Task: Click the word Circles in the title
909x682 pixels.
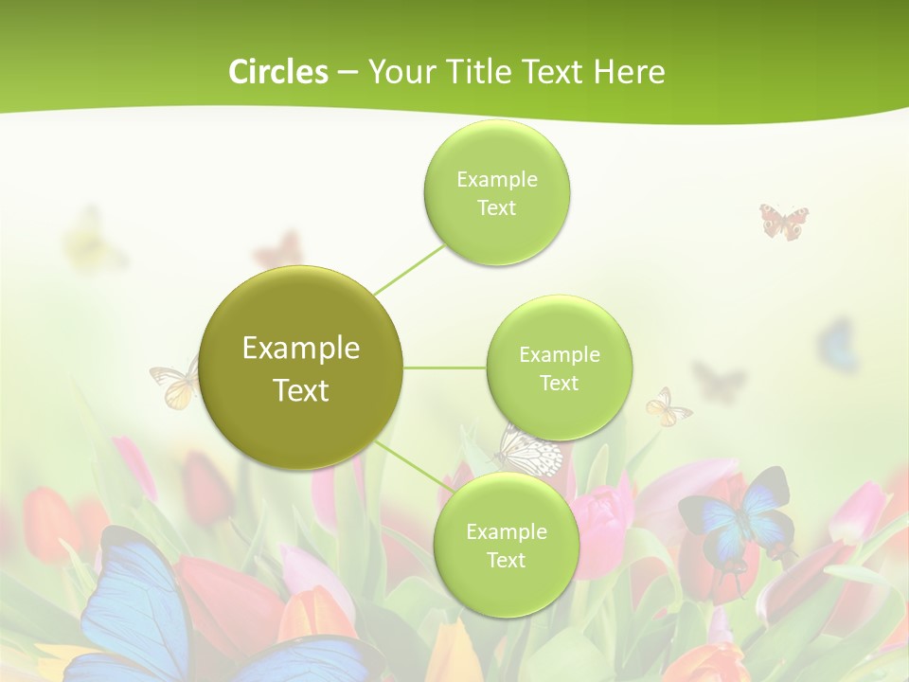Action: click(277, 72)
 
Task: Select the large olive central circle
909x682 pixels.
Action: click(301, 368)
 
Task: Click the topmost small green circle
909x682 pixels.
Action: click(496, 193)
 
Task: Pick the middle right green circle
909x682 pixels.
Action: click(559, 368)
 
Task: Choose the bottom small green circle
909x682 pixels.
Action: click(506, 545)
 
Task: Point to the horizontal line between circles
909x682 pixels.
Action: click(444, 368)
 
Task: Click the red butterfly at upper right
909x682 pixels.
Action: click(784, 221)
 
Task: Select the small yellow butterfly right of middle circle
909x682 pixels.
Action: click(668, 407)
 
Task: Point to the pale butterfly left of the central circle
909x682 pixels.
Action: click(176, 381)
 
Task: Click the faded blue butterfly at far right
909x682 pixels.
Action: click(837, 345)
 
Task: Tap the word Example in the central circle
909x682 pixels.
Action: click(301, 349)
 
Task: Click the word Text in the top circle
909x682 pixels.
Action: click(496, 208)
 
